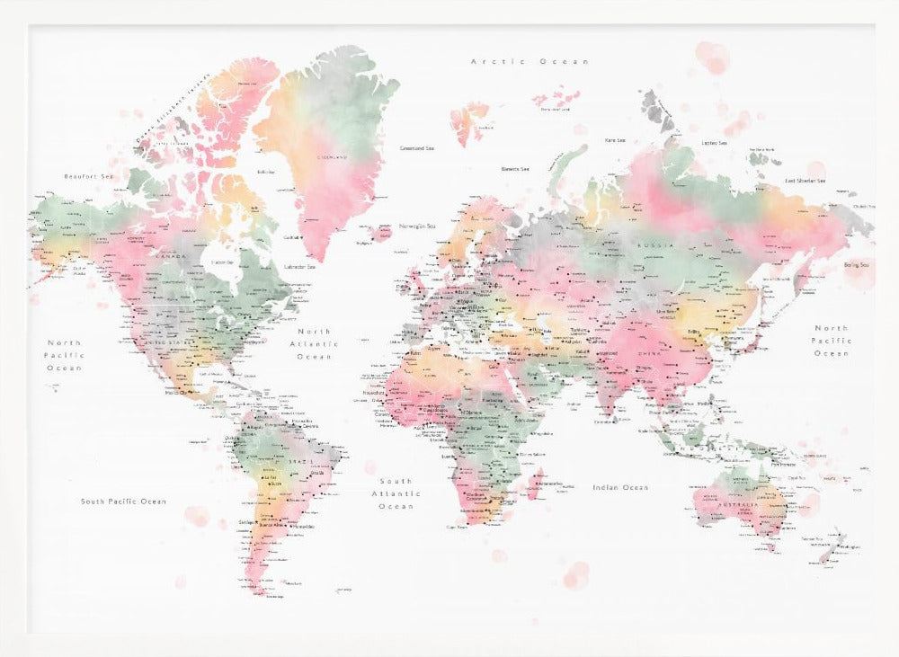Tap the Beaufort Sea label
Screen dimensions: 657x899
click(x=89, y=177)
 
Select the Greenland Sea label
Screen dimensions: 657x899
click(x=416, y=147)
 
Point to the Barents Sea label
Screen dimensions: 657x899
click(x=515, y=169)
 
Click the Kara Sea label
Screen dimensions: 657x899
click(x=615, y=140)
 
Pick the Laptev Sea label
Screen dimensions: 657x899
click(x=714, y=142)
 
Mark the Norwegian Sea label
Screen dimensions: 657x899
click(x=418, y=226)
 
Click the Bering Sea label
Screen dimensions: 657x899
click(x=857, y=265)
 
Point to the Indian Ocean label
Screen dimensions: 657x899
click(x=620, y=487)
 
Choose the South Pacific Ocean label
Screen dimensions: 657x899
click(x=123, y=502)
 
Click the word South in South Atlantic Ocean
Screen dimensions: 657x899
click(x=396, y=482)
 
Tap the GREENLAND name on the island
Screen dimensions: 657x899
click(x=331, y=156)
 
